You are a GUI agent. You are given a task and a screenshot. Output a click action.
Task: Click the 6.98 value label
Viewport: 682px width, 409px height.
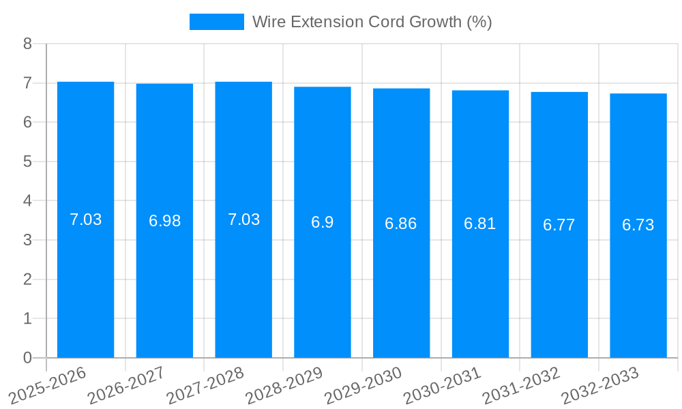click(x=164, y=221)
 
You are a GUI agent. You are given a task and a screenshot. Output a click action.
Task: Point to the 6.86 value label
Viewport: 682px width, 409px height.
click(x=401, y=224)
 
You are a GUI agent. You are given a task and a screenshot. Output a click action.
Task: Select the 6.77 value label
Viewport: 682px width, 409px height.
click(x=559, y=225)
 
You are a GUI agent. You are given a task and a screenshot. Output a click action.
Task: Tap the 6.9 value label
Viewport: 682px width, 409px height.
click(x=323, y=222)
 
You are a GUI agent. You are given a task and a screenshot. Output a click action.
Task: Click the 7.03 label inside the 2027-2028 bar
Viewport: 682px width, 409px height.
click(x=243, y=219)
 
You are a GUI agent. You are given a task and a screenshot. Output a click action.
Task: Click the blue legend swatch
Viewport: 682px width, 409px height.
click(x=216, y=22)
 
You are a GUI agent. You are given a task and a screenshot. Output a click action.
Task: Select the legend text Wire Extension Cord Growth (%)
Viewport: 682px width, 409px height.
click(x=372, y=22)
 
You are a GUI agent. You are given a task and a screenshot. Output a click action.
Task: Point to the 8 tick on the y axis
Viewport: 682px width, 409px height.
click(x=27, y=44)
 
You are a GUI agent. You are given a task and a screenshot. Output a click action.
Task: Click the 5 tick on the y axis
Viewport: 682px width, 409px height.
click(x=27, y=162)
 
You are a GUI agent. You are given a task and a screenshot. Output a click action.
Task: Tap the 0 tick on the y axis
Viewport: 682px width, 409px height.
click(x=27, y=358)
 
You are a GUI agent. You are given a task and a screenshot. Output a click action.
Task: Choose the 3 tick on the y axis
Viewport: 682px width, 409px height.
click(x=27, y=240)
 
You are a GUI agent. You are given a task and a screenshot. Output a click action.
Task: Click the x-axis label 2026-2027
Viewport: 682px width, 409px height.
click(x=127, y=385)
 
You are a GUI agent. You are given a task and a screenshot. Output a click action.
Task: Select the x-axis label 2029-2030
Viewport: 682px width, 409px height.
click(x=364, y=385)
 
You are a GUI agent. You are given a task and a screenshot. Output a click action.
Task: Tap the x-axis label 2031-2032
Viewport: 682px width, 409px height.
click(x=522, y=385)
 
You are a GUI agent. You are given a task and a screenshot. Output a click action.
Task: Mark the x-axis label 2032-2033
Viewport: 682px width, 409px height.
click(x=601, y=385)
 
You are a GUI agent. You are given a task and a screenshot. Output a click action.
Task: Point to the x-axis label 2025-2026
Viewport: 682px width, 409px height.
click(x=48, y=385)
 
